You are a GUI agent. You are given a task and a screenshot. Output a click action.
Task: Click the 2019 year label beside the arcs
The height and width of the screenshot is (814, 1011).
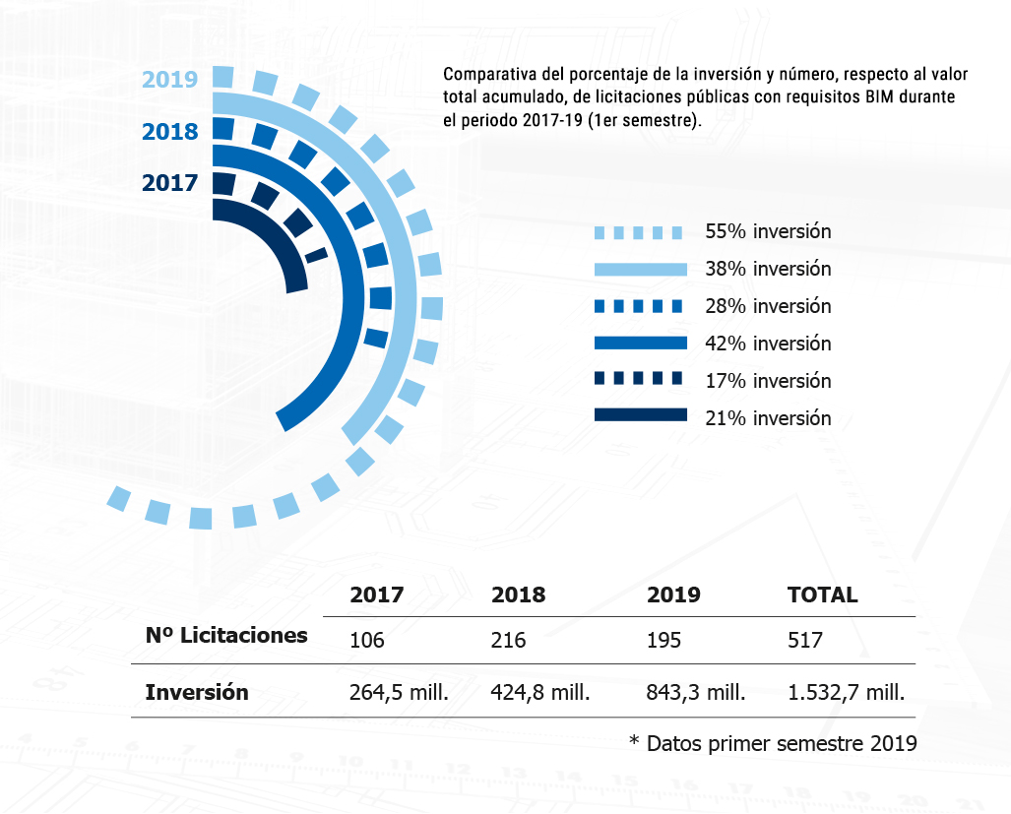tap(169, 80)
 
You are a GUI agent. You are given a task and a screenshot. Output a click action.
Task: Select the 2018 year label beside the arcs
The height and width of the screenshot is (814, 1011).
tap(169, 132)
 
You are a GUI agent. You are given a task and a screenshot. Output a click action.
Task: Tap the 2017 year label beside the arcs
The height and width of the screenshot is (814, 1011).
tap(169, 183)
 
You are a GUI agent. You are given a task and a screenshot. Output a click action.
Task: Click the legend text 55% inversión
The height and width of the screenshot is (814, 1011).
tap(768, 232)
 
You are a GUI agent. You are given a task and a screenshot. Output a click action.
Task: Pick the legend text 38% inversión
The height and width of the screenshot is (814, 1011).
tap(768, 269)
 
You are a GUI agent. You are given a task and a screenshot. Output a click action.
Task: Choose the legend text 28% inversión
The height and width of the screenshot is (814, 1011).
tap(768, 306)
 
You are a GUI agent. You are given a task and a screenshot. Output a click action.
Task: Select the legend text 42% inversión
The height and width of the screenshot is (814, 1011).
tap(768, 344)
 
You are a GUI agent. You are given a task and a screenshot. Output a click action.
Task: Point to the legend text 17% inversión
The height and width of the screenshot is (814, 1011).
tap(768, 381)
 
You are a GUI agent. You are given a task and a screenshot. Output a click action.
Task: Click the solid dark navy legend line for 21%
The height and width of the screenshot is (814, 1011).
tap(640, 415)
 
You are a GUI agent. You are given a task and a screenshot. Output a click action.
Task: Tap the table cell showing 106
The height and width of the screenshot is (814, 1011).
tap(366, 641)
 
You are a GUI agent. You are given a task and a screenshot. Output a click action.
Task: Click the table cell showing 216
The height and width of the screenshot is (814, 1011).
tap(508, 641)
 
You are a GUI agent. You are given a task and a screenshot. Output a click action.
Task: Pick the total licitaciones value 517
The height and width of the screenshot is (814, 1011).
tap(805, 641)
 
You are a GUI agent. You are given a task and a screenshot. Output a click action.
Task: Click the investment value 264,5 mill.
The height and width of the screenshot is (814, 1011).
tap(399, 692)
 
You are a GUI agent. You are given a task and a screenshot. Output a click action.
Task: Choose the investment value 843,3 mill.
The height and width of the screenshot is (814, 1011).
tap(696, 692)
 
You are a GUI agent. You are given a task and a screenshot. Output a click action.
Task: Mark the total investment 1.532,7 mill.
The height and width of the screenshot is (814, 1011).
tap(846, 692)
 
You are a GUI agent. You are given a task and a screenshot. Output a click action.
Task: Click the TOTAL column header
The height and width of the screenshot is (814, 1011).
tap(822, 595)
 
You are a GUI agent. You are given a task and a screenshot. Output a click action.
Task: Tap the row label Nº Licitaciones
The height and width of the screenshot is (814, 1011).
tap(225, 636)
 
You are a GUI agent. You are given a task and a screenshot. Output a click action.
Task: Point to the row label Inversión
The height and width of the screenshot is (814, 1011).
tap(196, 692)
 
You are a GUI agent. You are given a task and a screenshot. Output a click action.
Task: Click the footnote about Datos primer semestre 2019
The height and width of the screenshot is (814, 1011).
tap(773, 743)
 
